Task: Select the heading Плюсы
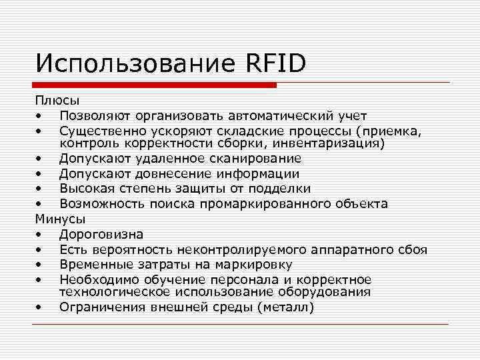click(x=57, y=101)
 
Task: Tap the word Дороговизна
click(x=101, y=234)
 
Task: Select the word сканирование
click(x=254, y=159)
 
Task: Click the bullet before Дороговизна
click(x=41, y=235)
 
